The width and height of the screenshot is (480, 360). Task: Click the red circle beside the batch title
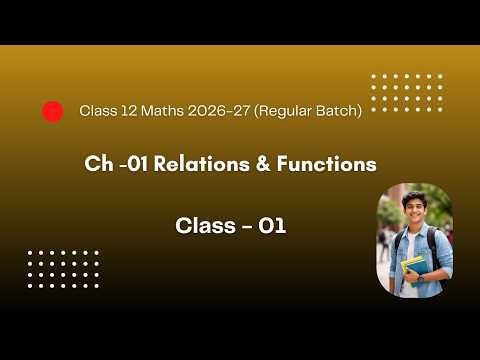(53, 111)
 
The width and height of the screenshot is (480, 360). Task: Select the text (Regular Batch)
(309, 111)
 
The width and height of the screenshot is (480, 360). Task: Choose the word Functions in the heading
(325, 164)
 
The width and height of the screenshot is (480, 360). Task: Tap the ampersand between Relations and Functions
(263, 164)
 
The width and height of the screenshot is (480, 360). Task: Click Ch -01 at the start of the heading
(117, 164)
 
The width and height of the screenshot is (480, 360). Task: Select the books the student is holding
(412, 268)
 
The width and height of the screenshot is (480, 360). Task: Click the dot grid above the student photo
(406, 93)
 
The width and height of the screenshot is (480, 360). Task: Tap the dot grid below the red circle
(64, 269)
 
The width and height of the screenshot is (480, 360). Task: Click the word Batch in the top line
(336, 111)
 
